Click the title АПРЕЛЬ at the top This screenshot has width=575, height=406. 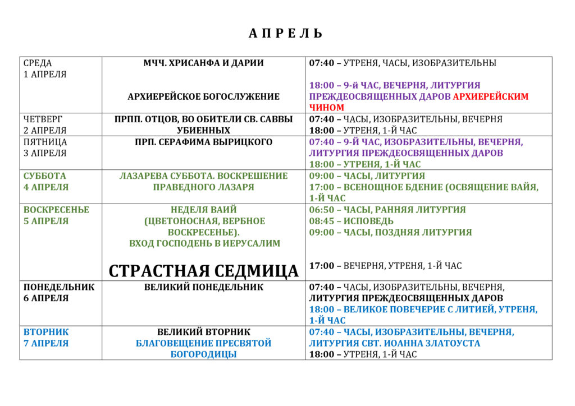286,34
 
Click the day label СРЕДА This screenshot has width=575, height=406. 38,63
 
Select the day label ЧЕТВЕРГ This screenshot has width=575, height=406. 43,119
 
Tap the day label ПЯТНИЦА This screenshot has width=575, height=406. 45,142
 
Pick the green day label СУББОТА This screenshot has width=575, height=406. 44,176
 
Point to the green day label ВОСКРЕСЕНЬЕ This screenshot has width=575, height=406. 56,210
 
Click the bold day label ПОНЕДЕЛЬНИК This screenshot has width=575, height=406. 59,287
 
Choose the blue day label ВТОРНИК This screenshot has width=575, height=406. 46,332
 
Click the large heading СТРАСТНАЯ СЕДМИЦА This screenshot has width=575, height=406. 203,271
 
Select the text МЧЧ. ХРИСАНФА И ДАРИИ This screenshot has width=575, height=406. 203,63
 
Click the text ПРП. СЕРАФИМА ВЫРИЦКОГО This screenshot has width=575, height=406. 203,142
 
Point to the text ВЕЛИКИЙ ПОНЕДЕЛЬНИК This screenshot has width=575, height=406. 203,287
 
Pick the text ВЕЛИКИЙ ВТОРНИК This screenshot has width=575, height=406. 203,332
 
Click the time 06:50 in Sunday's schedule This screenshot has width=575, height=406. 321,210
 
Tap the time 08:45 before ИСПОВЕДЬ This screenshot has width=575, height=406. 321,221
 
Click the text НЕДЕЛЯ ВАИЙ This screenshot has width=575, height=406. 203,210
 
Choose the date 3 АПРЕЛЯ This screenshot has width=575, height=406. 45,153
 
